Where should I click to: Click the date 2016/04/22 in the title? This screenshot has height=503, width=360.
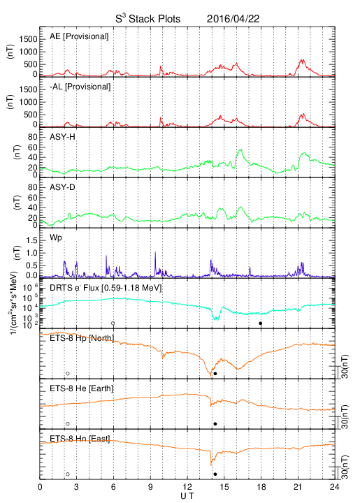[x=233, y=19]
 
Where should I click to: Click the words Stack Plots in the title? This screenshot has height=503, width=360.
[x=154, y=19]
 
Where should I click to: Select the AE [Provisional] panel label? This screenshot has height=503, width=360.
[x=79, y=36]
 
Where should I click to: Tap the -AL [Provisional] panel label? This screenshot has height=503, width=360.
[x=80, y=87]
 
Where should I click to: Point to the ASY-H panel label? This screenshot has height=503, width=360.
[x=62, y=137]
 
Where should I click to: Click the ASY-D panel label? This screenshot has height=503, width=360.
[x=62, y=187]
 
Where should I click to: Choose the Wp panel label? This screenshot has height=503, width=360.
[x=56, y=238]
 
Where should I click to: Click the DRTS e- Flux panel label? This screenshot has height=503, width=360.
[x=106, y=288]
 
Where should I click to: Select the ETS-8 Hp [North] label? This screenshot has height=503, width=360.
[x=82, y=338]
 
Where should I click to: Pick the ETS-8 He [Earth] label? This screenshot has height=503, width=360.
[x=82, y=388]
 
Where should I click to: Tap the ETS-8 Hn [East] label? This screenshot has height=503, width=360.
[x=80, y=439]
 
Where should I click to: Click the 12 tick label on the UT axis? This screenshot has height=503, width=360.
[x=187, y=487]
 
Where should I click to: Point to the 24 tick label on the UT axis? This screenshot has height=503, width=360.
[x=335, y=487]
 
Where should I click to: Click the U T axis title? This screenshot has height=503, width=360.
[x=187, y=496]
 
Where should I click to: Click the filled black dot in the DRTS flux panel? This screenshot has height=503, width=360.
[x=261, y=323]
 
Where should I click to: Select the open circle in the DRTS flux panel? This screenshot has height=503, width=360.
[x=113, y=323]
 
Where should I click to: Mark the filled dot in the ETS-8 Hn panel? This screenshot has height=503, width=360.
[x=215, y=474]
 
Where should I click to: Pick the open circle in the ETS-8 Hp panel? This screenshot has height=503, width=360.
[x=68, y=373]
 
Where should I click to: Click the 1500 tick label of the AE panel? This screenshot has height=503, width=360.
[x=29, y=39]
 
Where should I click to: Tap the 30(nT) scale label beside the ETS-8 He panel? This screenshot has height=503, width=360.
[x=345, y=416]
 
